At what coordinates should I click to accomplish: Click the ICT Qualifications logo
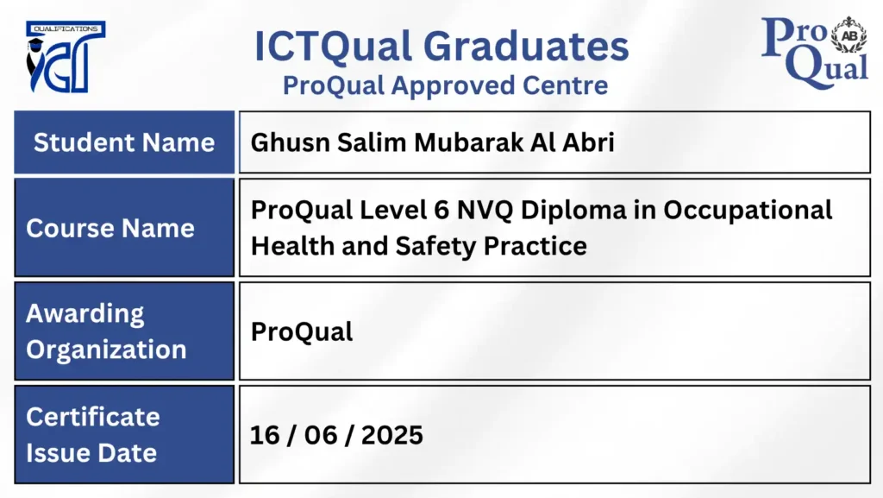(x=66, y=57)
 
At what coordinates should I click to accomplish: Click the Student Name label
(x=123, y=142)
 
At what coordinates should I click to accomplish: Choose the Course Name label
(x=110, y=228)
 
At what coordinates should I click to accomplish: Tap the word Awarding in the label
(x=85, y=313)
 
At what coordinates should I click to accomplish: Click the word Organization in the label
(x=106, y=350)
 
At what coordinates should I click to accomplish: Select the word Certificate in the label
(x=93, y=417)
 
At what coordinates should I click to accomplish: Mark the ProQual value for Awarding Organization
(x=302, y=332)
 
